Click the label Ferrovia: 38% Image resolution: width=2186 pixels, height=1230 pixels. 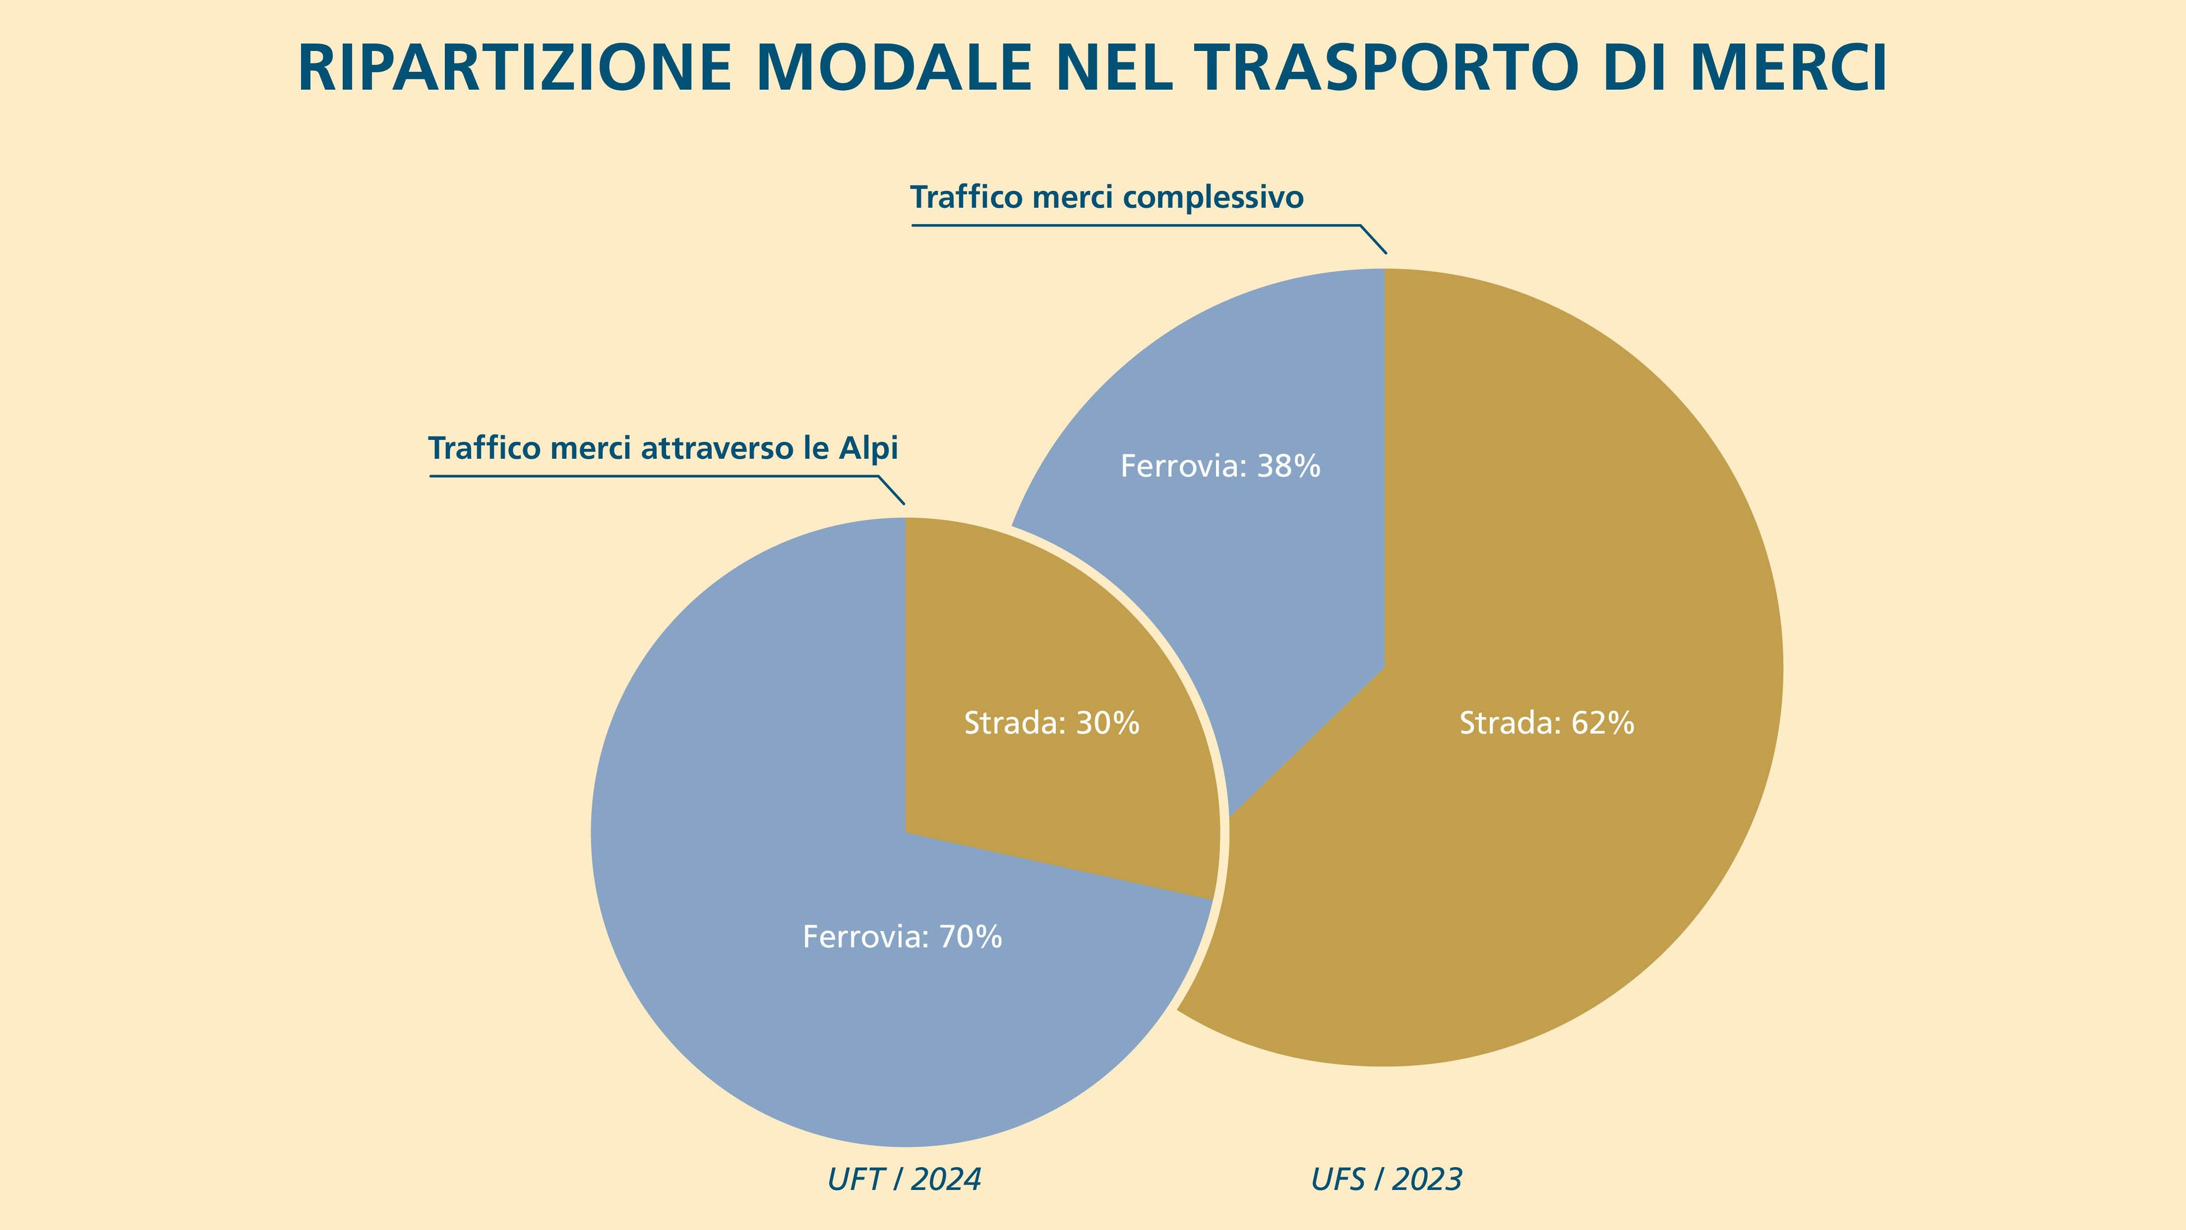1220,466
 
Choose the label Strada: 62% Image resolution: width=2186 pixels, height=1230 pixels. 1546,723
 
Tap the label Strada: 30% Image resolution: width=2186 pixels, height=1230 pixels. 1051,723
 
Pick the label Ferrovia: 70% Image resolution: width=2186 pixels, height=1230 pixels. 902,937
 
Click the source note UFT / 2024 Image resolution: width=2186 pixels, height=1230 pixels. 904,1180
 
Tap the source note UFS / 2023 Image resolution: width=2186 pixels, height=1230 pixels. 1386,1180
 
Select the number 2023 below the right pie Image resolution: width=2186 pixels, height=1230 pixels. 1427,1180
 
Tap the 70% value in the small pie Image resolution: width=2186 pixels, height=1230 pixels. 970,937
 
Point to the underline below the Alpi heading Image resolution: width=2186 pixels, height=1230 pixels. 654,476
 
